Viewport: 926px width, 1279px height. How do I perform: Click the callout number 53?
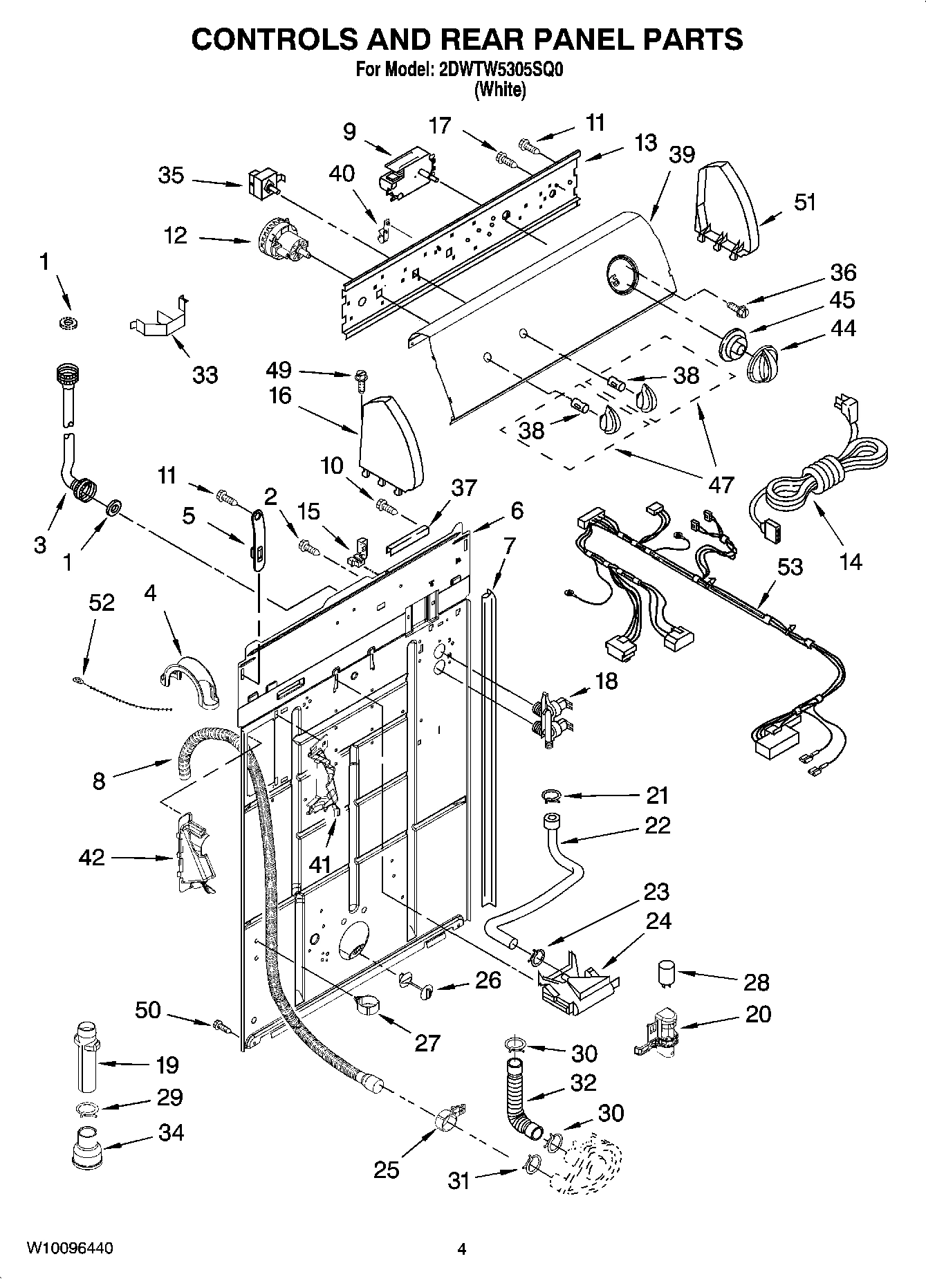click(790, 567)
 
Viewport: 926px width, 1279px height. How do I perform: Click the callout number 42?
click(92, 858)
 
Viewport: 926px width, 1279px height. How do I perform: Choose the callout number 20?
click(758, 1014)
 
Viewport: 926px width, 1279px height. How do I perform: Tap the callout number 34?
click(171, 1132)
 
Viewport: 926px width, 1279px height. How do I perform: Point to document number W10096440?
click(70, 1249)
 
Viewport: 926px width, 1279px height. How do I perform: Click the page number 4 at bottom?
click(462, 1249)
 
